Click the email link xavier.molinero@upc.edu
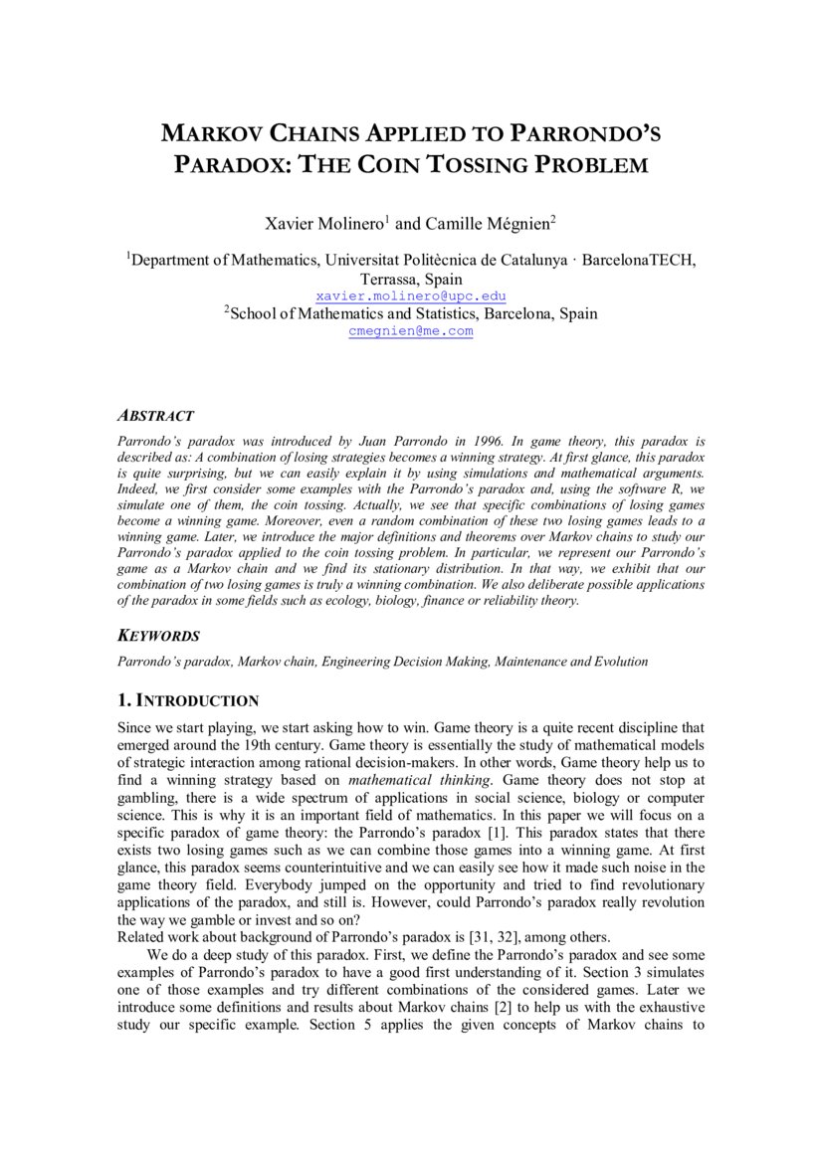point(411,296)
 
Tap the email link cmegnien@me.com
point(411,331)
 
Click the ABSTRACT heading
point(155,416)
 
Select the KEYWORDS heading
point(158,637)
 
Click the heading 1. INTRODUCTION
point(188,701)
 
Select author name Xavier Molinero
point(324,224)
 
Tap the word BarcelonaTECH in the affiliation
point(639,261)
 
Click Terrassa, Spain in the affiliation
point(411,280)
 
